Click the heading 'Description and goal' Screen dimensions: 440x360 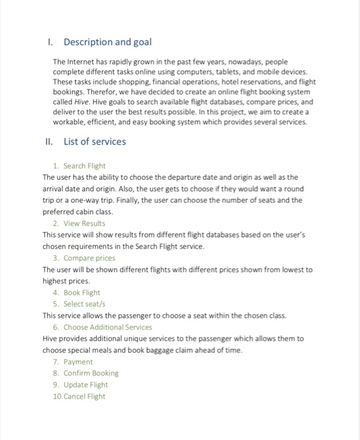107,42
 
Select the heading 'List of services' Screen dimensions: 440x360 94,141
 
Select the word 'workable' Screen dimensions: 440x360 70,121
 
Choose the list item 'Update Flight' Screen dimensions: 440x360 85,385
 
